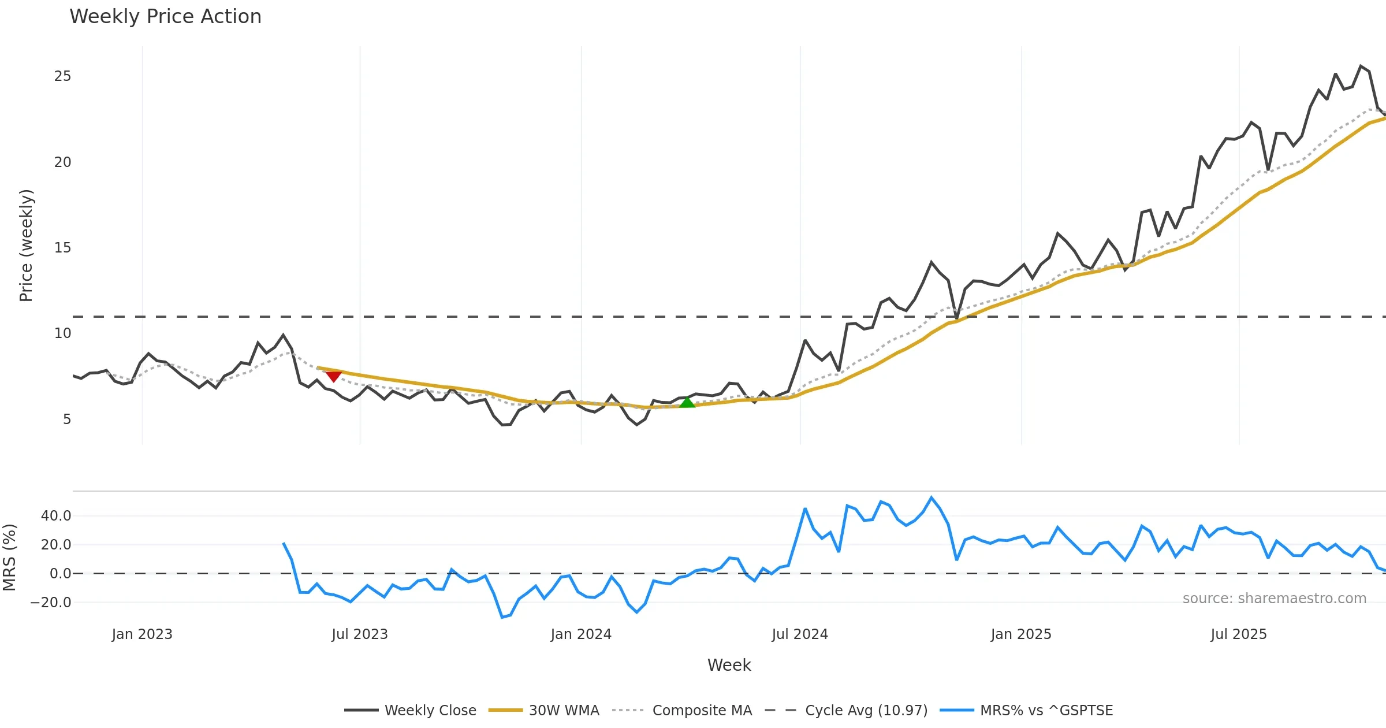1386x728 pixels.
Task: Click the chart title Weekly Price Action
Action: pos(165,17)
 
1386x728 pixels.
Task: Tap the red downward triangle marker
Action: pos(333,376)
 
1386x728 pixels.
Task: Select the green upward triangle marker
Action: pos(687,402)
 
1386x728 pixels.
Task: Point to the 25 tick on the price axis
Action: pos(62,76)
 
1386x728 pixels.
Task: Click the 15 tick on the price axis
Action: pos(62,248)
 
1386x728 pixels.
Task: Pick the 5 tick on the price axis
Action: pos(67,419)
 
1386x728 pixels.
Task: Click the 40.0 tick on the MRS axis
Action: pos(56,515)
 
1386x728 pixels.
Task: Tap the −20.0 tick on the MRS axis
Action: pos(51,602)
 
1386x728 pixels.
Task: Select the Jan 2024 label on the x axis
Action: pos(581,634)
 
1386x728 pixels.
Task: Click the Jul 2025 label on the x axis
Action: pos(1239,634)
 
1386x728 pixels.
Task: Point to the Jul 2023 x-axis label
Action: pos(360,634)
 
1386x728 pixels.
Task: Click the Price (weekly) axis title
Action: pos(26,246)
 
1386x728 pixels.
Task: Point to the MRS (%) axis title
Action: pos(9,558)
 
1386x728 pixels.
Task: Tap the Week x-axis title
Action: pos(729,665)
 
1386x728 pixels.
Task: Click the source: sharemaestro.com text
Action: pos(1274,598)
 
